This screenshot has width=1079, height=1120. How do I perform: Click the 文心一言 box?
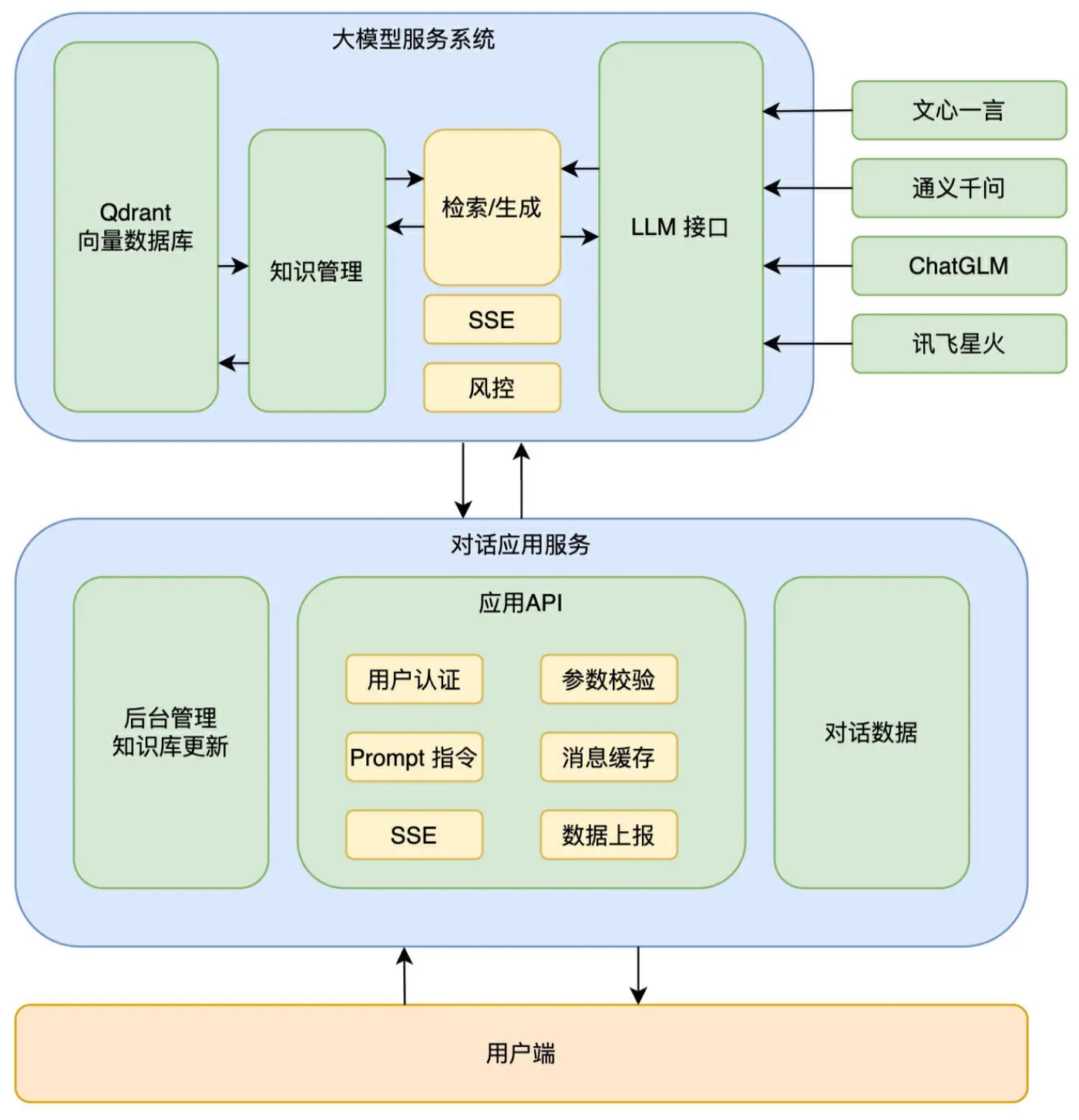pyautogui.click(x=958, y=110)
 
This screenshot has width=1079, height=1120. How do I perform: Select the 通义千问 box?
pyautogui.click(x=958, y=188)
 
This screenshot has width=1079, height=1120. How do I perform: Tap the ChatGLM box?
pyautogui.click(x=958, y=266)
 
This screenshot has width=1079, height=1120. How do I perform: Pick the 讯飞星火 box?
pyautogui.click(x=958, y=344)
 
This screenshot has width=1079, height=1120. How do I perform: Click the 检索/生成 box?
pyautogui.click(x=492, y=207)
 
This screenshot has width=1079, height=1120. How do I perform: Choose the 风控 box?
pyautogui.click(x=492, y=387)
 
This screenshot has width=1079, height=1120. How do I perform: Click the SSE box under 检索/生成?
pyautogui.click(x=492, y=320)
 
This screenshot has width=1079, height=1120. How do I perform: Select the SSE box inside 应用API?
pyautogui.click(x=414, y=835)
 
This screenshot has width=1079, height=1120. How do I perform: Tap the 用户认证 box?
pyautogui.click(x=414, y=679)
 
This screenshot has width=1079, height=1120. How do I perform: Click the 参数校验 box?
pyautogui.click(x=608, y=679)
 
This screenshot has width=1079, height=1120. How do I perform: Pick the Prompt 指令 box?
pyautogui.click(x=414, y=757)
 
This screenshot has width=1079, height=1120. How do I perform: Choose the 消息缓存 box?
pyautogui.click(x=608, y=757)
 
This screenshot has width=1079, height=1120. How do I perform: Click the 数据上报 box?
pyautogui.click(x=608, y=835)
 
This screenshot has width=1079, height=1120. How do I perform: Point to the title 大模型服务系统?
pyautogui.click(x=413, y=39)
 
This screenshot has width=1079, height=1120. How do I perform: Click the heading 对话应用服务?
pyautogui.click(x=520, y=545)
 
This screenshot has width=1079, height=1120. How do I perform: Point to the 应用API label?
pyautogui.click(x=520, y=602)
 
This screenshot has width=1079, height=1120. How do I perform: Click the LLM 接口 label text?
pyautogui.click(x=680, y=227)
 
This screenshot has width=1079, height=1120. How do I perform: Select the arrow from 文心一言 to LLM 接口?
pyautogui.click(x=807, y=111)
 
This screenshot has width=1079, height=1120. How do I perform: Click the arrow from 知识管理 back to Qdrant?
pyautogui.click(x=234, y=362)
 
